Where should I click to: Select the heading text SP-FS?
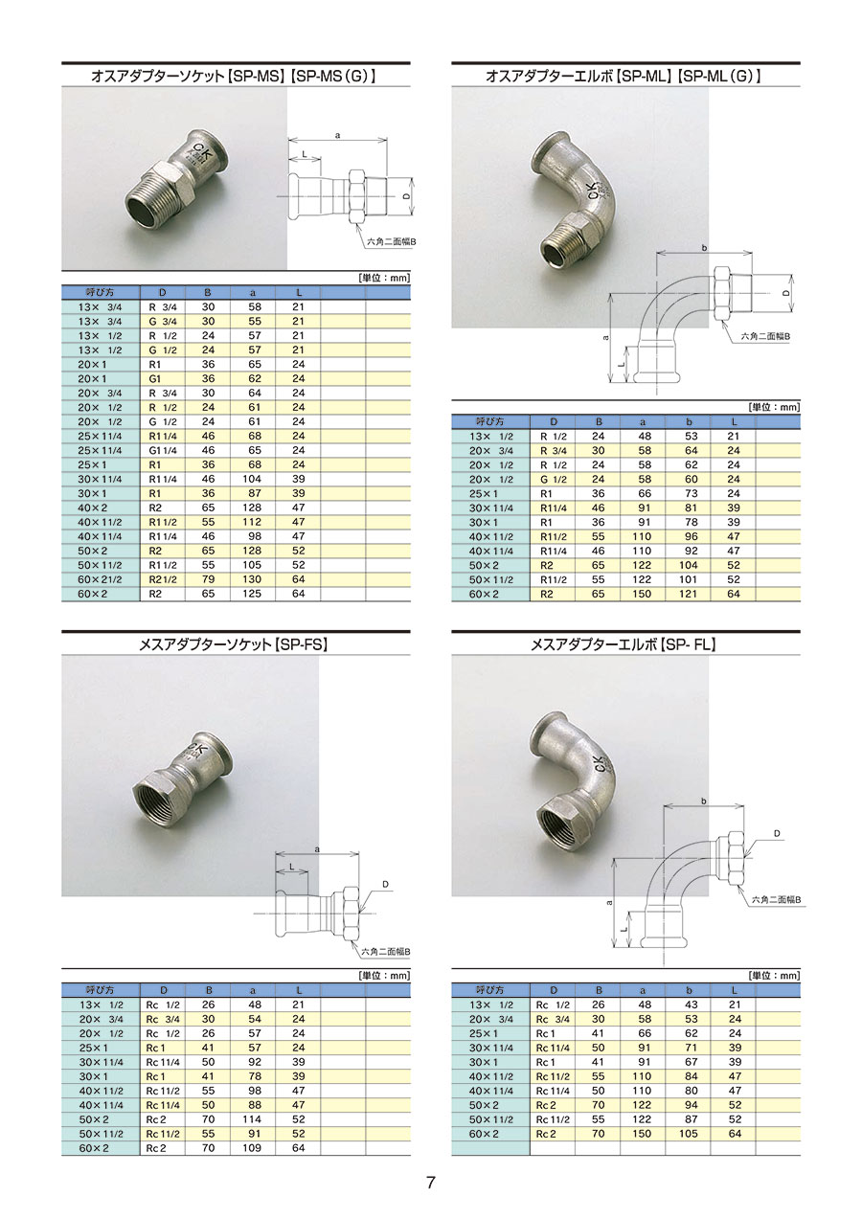[x=302, y=644]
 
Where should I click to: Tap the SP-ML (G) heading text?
[x=719, y=77]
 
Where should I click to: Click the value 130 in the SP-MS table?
[x=253, y=579]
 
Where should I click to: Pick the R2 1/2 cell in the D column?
[x=163, y=579]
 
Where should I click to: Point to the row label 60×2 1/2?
[x=100, y=579]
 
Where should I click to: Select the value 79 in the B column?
[x=208, y=579]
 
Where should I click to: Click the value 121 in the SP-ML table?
[x=688, y=595]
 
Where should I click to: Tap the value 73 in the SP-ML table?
[x=692, y=494]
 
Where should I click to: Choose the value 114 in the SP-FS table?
[x=253, y=1119]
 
